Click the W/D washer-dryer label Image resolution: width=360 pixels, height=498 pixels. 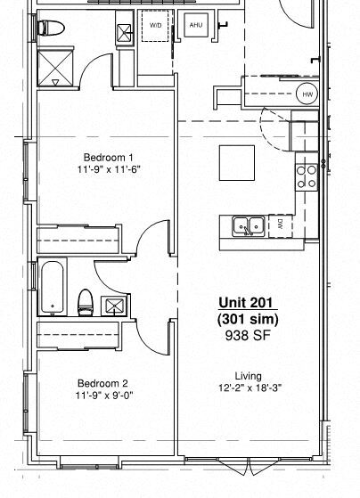click(x=156, y=26)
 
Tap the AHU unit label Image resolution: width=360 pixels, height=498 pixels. click(x=196, y=26)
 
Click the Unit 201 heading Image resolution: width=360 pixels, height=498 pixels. click(x=248, y=304)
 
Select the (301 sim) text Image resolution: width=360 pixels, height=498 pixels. click(x=248, y=319)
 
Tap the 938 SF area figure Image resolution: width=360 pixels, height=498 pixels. click(x=248, y=335)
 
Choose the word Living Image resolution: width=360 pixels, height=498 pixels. click(x=248, y=375)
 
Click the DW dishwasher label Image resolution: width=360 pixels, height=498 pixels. click(x=280, y=224)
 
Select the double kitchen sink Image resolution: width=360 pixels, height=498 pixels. click(x=248, y=225)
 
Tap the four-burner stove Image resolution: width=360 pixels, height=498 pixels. click(x=307, y=176)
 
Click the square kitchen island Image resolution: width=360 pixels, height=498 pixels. click(x=239, y=163)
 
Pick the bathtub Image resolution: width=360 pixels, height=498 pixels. click(x=53, y=286)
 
